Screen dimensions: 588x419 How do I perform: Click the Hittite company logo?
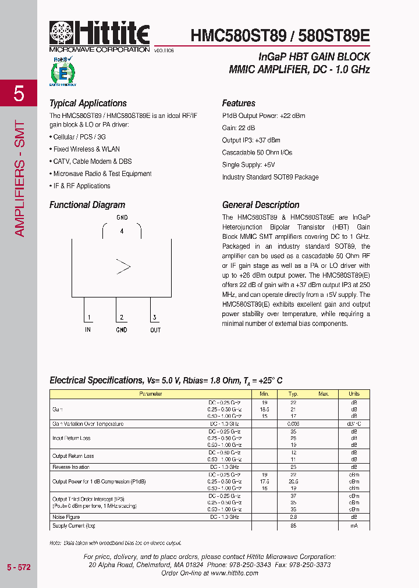[100, 36]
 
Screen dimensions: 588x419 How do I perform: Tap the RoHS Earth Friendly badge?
[62, 72]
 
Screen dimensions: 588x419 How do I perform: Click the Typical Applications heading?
[88, 103]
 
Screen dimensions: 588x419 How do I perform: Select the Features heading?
[239, 103]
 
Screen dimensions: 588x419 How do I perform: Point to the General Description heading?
[261, 205]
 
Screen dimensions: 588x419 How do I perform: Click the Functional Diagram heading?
[87, 205]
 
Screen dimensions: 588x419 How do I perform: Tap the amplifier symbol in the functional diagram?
[123, 267]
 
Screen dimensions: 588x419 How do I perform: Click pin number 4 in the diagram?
[122, 231]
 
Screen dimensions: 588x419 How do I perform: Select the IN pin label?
[88, 330]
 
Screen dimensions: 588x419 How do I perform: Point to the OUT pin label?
[155, 330]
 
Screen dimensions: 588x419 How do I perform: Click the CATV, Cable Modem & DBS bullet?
[92, 162]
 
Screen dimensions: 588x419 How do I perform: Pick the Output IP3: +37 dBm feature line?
[251, 140]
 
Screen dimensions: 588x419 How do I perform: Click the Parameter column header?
[150, 394]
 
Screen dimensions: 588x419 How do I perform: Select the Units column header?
[354, 394]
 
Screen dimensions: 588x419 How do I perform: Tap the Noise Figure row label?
[66, 517]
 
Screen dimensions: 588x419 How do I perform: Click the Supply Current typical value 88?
[294, 525]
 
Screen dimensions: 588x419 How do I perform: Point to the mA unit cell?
[354, 525]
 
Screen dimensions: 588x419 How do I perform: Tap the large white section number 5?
[19, 93]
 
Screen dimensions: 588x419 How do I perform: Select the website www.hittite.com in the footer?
[234, 573]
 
